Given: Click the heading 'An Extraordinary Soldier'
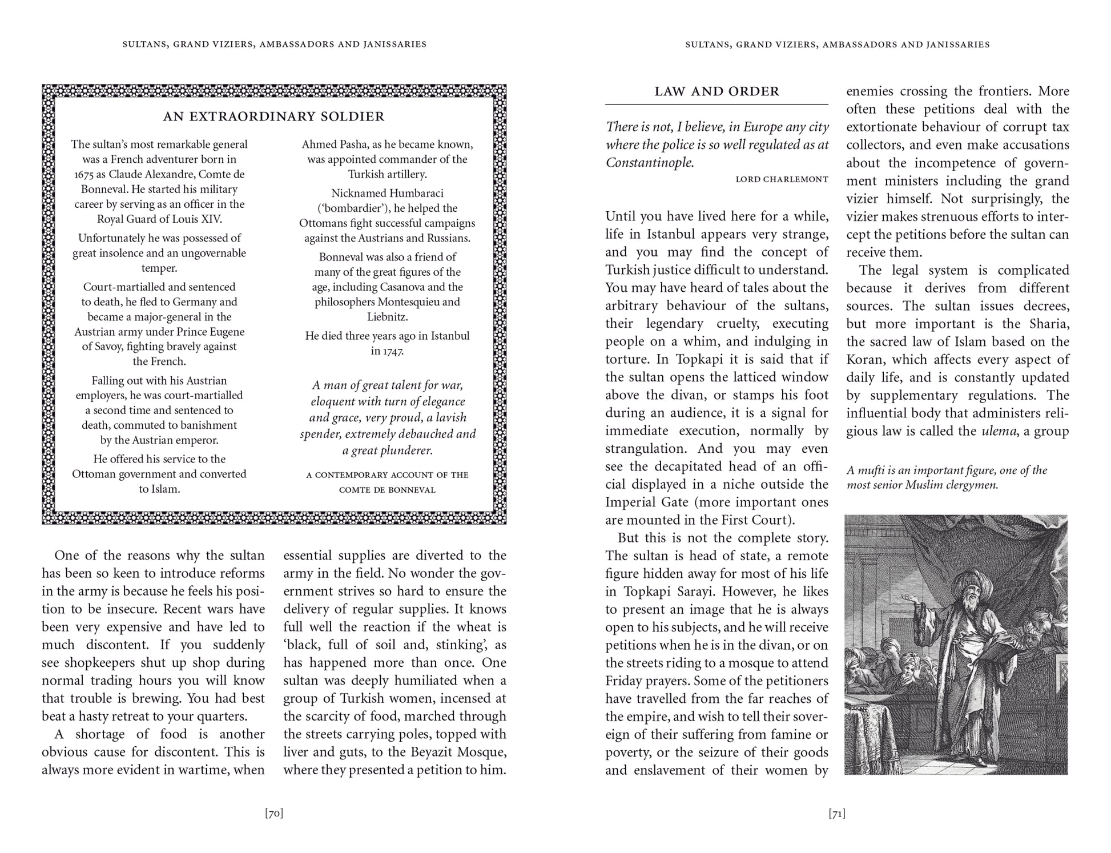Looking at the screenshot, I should coord(273,116).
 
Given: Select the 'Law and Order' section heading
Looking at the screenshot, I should coord(716,91).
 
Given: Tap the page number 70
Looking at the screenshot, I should coord(274,814).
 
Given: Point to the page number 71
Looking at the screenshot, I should coord(836,814).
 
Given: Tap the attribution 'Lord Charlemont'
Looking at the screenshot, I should coord(782,179).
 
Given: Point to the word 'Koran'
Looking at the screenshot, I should coord(866,360).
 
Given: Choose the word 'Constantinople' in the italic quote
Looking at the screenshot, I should coord(649,163).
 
